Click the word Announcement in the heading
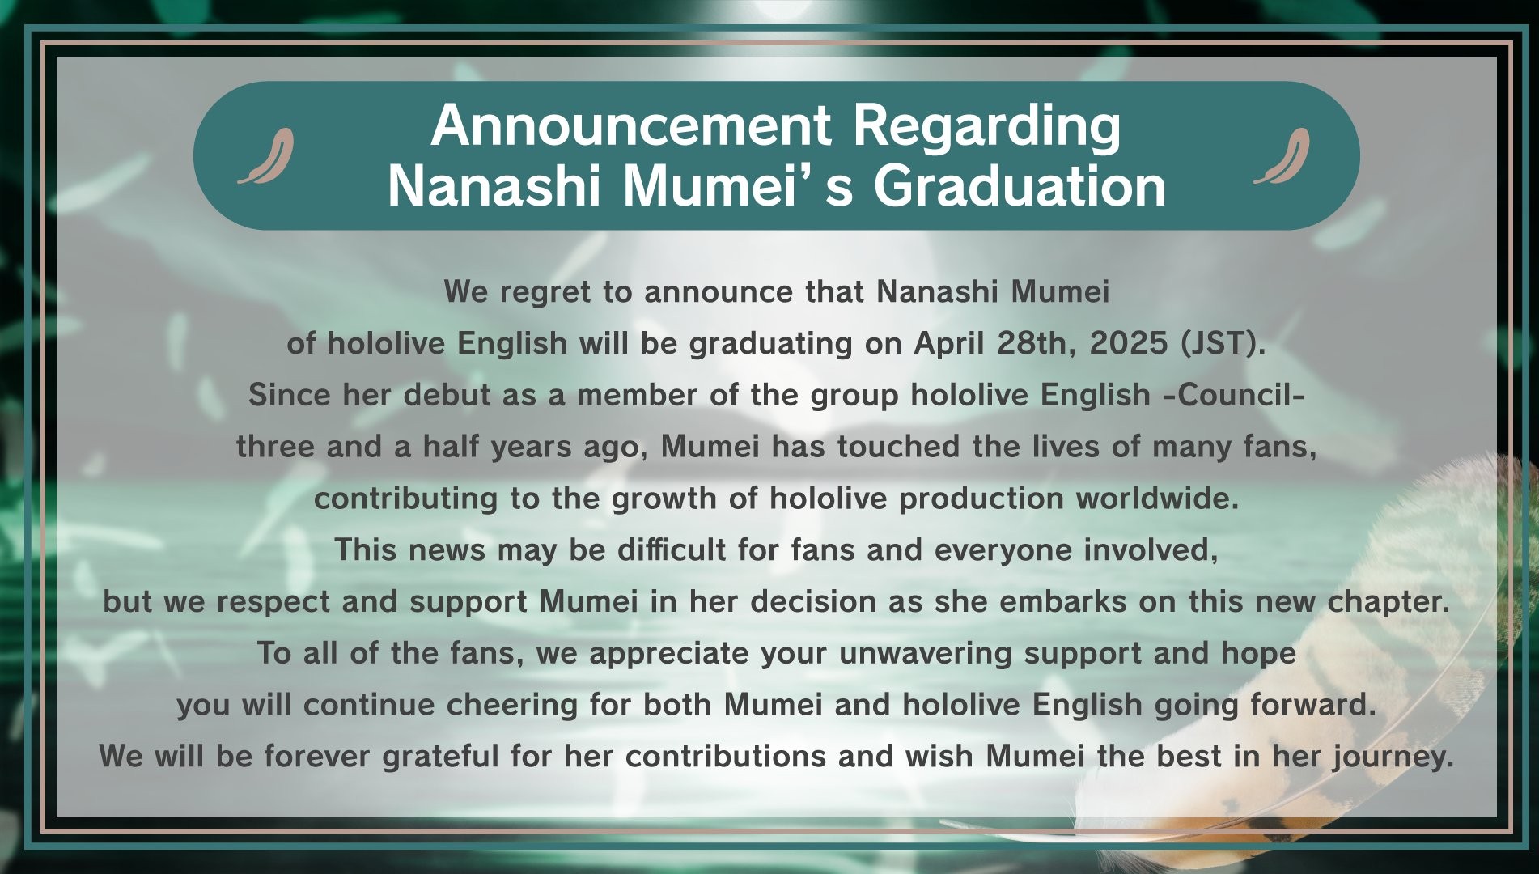(631, 126)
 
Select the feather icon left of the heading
(266, 156)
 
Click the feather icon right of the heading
(1282, 156)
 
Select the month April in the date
(947, 344)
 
